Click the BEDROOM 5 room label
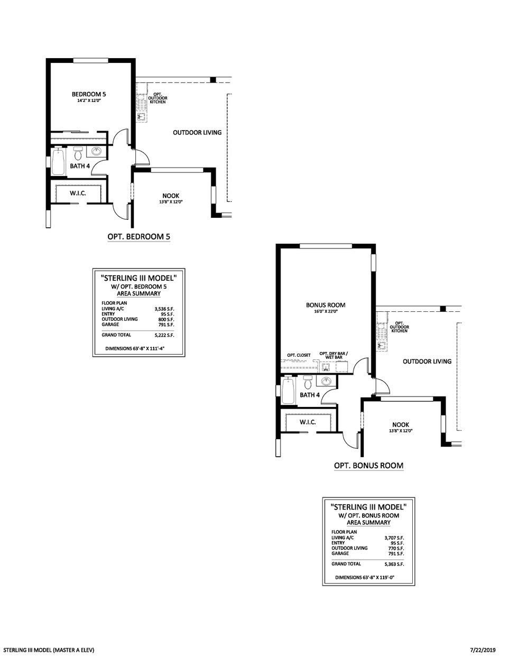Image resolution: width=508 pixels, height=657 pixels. coord(89,94)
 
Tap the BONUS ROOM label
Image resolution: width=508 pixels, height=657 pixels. coord(326,305)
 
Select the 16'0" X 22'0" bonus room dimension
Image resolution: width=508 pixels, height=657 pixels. coord(326,311)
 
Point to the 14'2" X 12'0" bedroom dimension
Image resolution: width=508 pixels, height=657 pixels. coord(89,100)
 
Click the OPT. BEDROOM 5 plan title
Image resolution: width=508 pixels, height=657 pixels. coord(138,237)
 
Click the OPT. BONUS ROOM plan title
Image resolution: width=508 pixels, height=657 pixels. coord(368,466)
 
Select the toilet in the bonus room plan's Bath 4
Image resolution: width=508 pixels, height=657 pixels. coord(308,383)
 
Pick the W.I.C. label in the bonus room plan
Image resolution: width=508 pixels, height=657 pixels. coord(308,422)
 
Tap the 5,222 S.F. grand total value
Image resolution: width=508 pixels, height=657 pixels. coord(164,335)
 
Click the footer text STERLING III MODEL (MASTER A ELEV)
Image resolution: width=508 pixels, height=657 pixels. coord(49,649)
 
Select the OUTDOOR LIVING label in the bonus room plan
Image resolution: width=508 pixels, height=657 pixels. coord(427,362)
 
